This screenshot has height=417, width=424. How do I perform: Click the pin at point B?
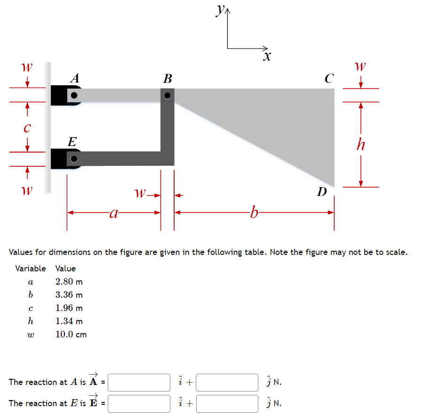click(x=168, y=95)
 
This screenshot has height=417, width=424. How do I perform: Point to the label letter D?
click(x=322, y=192)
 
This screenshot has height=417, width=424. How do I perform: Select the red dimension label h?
click(x=360, y=144)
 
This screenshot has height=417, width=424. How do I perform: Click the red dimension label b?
click(x=254, y=213)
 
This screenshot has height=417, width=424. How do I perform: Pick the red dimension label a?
click(x=113, y=213)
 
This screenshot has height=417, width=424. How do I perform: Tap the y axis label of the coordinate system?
click(x=220, y=9)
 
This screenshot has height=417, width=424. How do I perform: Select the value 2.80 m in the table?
click(x=69, y=282)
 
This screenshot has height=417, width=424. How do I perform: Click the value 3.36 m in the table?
click(x=69, y=295)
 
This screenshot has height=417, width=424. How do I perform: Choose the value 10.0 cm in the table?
click(x=71, y=335)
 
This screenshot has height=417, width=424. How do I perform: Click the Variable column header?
click(x=31, y=269)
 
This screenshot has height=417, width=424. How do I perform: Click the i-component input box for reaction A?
click(x=139, y=382)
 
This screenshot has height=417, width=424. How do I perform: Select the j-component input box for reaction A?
click(x=227, y=382)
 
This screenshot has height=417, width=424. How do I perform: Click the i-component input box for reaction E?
click(x=139, y=403)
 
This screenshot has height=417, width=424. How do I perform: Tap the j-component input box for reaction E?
click(x=227, y=403)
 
